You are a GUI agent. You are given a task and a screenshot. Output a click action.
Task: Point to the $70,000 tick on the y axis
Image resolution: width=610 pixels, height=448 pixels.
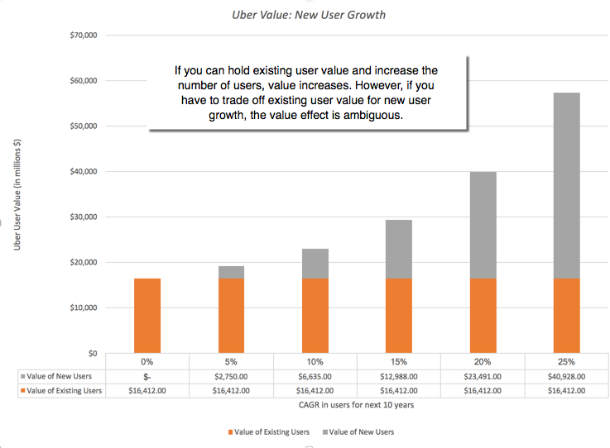point(81,36)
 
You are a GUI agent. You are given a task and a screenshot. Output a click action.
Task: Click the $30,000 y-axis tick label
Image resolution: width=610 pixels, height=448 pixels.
point(81,217)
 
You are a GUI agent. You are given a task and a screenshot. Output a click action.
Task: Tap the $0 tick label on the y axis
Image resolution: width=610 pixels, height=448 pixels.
point(92,353)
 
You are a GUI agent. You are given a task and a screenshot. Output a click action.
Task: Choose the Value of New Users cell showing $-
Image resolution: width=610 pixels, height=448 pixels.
point(147,376)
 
